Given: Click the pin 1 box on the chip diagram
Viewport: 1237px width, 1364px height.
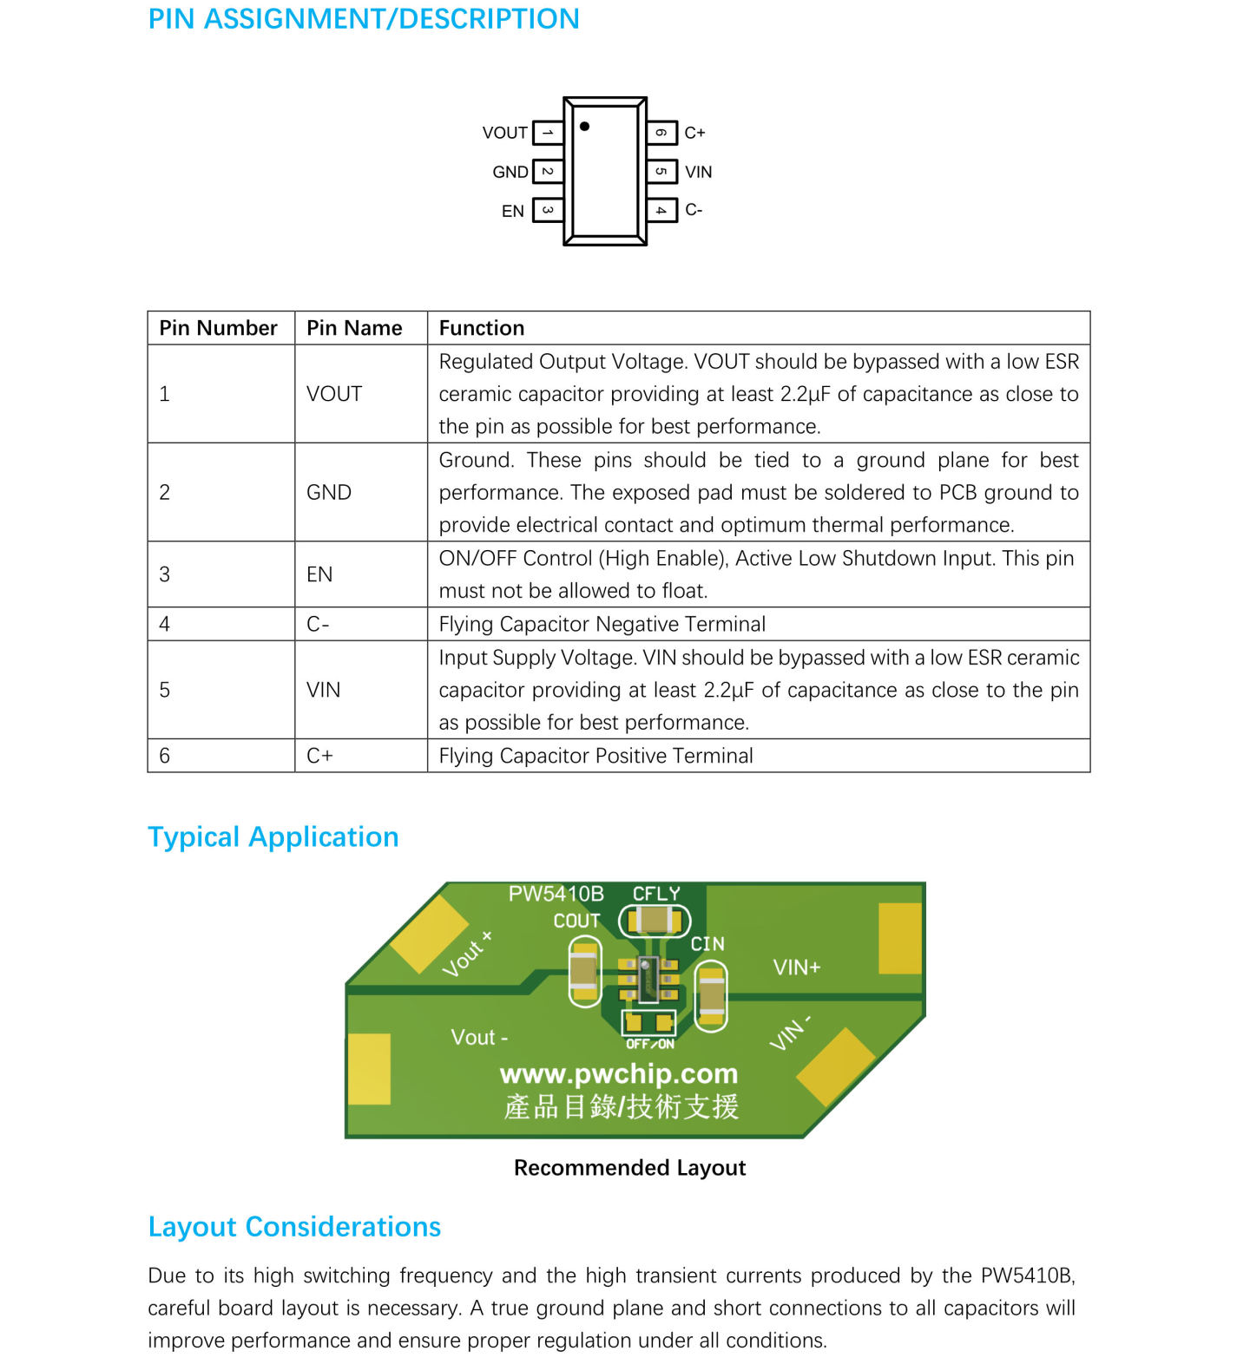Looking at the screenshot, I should pyautogui.click(x=548, y=133).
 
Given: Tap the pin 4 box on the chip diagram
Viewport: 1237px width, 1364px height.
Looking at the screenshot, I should pyautogui.click(x=661, y=210).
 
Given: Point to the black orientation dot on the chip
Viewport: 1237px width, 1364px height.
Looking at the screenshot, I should pyautogui.click(x=585, y=127).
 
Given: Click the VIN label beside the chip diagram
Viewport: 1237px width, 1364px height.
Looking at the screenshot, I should pyautogui.click(x=698, y=172).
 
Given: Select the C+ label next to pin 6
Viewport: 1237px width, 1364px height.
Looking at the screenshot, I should pyautogui.click(x=694, y=133).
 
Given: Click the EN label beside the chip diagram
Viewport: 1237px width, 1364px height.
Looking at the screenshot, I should pyautogui.click(x=513, y=211).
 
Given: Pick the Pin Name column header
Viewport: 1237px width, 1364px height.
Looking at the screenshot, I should pyautogui.click(x=354, y=328).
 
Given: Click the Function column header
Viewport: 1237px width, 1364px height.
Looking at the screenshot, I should pyautogui.click(x=482, y=328).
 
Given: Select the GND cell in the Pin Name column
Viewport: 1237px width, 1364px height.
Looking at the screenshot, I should pyautogui.click(x=329, y=492).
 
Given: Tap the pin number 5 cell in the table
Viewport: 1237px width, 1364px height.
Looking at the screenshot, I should pyautogui.click(x=165, y=690).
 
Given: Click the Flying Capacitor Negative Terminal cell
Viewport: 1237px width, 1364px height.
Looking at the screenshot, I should pyautogui.click(x=602, y=624).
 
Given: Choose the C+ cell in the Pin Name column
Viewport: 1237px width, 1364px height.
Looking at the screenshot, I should pyautogui.click(x=319, y=756).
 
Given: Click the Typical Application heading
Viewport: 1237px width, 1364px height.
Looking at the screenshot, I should pyautogui.click(x=273, y=836).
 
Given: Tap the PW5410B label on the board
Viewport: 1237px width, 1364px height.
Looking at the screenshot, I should pyautogui.click(x=556, y=894).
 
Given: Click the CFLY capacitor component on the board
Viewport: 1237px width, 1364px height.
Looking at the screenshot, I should pyautogui.click(x=655, y=921).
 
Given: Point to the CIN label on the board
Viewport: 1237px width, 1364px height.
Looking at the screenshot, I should pyautogui.click(x=707, y=944).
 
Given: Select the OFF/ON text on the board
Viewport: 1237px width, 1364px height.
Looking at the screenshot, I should pyautogui.click(x=650, y=1044).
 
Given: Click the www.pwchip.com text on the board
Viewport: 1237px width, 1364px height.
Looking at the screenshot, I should pyautogui.click(x=619, y=1074).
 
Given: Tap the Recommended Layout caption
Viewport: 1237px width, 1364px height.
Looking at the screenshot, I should pyautogui.click(x=629, y=1168).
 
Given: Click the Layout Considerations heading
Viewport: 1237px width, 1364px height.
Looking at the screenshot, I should pyautogui.click(x=294, y=1227).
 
